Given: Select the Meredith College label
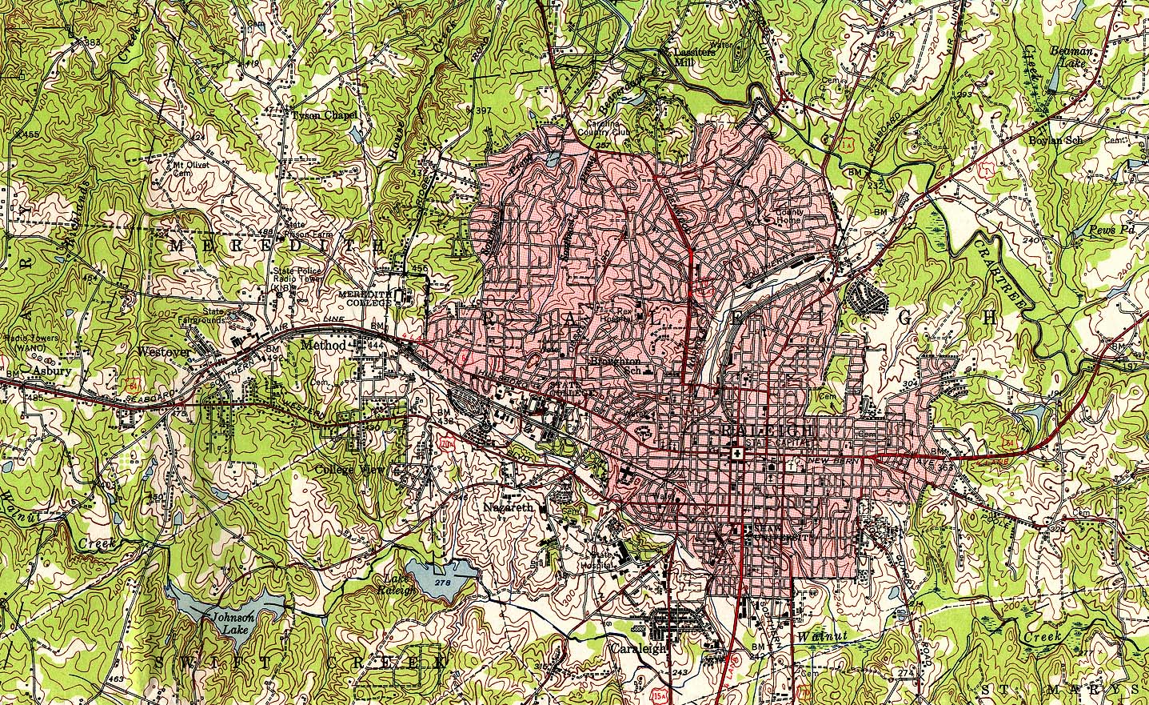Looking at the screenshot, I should (x=365, y=298).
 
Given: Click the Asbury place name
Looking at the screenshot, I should (x=53, y=372).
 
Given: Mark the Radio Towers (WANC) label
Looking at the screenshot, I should (x=30, y=342).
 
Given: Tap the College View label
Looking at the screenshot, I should (x=345, y=470).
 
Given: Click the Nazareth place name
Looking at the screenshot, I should (x=509, y=508).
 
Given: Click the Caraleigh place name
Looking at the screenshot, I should (x=638, y=647).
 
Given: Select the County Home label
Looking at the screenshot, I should (x=789, y=216).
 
